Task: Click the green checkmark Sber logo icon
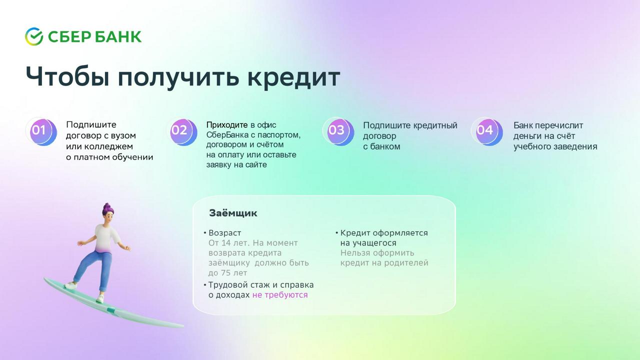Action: pos(34,36)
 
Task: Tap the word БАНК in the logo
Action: pos(118,37)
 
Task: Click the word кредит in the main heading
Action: pos(293,77)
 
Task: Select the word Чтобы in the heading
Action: pos(67,76)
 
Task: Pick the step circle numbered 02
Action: pos(182,131)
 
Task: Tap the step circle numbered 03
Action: pos(339,131)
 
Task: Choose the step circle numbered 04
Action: pos(487,131)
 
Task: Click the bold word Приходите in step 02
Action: pos(227,125)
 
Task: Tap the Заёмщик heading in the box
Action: pos(233,213)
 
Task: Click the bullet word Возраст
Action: pos(224,233)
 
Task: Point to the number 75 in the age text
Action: pos(227,273)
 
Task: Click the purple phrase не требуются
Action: pos(280,295)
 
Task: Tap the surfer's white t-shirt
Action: pos(106,238)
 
